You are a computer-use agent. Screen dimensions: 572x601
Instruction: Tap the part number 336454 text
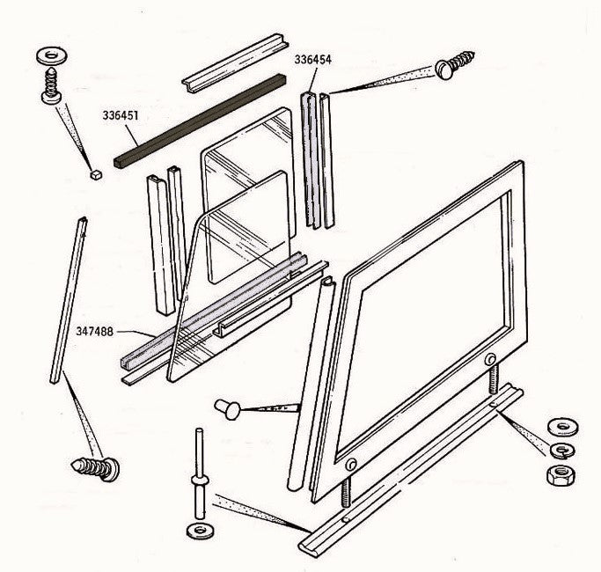pos(313,61)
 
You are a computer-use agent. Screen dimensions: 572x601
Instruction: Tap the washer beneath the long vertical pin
pos(199,532)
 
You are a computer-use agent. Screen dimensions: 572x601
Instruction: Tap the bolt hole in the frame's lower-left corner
pos(351,464)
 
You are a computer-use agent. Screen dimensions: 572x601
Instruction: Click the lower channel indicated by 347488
pos(220,317)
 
